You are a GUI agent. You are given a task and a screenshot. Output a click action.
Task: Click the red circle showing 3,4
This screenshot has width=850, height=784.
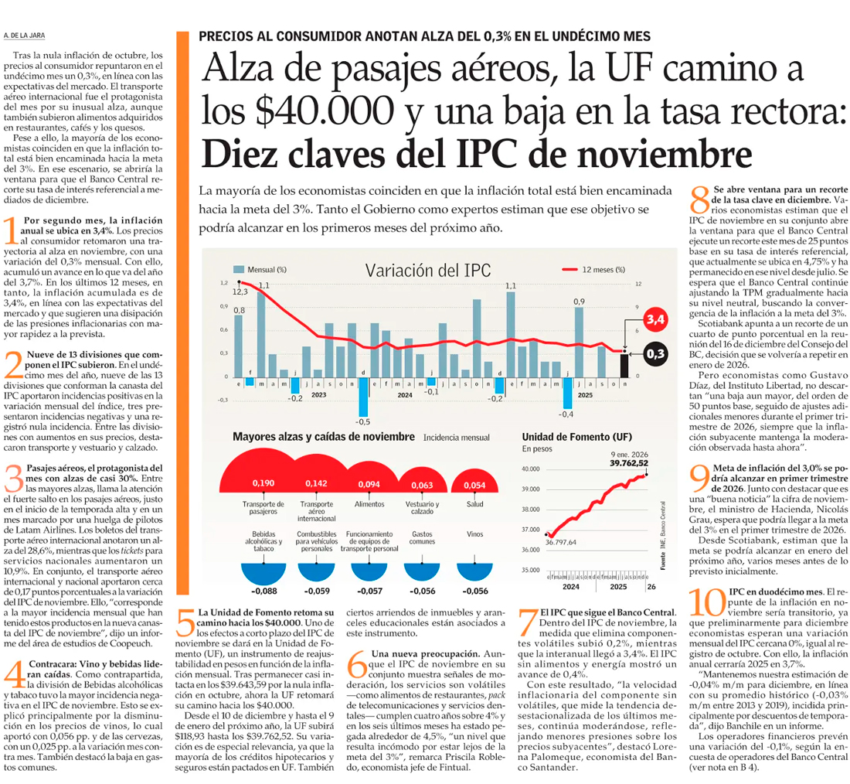point(655,319)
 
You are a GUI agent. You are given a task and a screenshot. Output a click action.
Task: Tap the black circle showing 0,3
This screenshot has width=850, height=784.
point(655,354)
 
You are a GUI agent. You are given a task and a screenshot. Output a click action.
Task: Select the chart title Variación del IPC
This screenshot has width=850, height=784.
point(427,271)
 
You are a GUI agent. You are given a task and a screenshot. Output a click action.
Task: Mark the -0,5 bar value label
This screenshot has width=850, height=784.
point(362,421)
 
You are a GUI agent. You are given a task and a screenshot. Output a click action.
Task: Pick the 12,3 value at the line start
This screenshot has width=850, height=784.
point(239,291)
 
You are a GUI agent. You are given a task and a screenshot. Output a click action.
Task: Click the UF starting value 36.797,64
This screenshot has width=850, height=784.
point(561,542)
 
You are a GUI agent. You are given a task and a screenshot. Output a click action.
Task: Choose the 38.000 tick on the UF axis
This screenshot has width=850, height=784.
point(530,510)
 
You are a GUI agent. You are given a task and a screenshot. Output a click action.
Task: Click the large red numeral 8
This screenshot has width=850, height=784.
point(699,201)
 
